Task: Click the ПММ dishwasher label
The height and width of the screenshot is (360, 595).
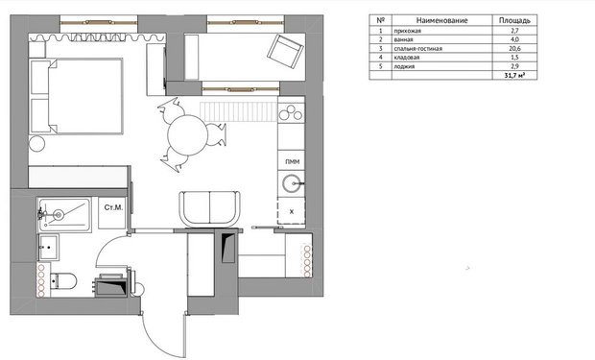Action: [x=292, y=162]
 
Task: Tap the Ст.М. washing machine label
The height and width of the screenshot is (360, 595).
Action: [x=113, y=207]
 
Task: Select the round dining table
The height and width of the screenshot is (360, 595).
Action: [x=187, y=135]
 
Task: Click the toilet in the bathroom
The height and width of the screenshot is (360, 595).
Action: [x=62, y=281]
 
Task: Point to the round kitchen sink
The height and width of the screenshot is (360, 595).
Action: [x=292, y=184]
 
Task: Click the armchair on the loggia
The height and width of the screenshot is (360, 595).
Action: [x=285, y=52]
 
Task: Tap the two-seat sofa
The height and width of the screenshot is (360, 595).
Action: [x=210, y=209]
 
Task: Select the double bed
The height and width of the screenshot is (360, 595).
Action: [x=76, y=96]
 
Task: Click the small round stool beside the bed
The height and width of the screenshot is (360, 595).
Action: [x=36, y=144]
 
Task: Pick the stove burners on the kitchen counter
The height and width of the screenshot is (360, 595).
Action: [x=291, y=112]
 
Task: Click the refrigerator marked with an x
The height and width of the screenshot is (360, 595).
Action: [x=291, y=211]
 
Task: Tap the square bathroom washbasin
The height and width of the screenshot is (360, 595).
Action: [x=49, y=248]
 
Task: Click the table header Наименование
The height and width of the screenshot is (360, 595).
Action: [x=441, y=20]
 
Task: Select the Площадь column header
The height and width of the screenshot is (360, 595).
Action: [x=514, y=20]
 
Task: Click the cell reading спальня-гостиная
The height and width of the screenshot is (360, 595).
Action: [x=417, y=49]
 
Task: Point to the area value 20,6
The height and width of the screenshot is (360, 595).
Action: [x=514, y=48]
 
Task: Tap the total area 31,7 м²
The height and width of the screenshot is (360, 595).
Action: [x=514, y=76]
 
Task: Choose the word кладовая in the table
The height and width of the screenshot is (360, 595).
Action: [x=407, y=58]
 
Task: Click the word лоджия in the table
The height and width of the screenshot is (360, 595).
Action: [x=404, y=66]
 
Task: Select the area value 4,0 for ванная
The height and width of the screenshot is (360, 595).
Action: [x=514, y=39]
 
